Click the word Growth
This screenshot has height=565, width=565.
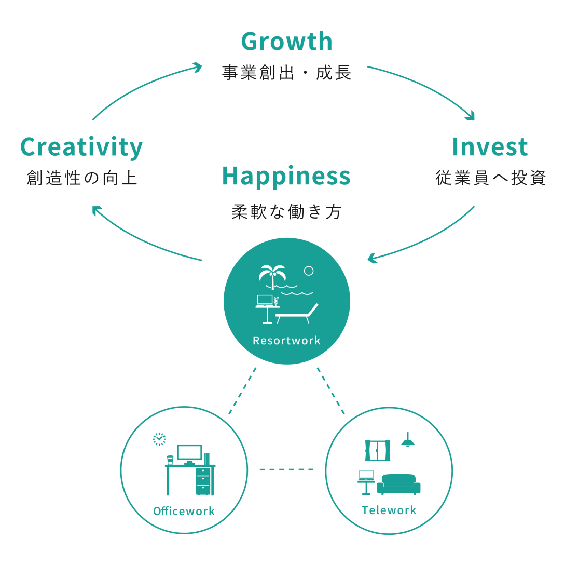(x=286, y=41)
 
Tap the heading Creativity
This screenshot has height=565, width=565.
(x=81, y=147)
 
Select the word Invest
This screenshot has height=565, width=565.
(x=490, y=147)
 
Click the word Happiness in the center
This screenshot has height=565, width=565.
(x=286, y=177)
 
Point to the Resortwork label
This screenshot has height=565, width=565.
(x=286, y=340)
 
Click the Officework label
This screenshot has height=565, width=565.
(x=184, y=511)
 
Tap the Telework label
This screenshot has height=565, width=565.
(x=389, y=510)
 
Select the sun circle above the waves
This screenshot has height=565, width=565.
(x=309, y=271)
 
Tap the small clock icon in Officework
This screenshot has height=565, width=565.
(x=159, y=439)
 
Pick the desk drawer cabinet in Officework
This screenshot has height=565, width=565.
(x=203, y=481)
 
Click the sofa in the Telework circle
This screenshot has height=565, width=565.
(x=398, y=484)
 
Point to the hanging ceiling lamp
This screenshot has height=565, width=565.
(x=407, y=440)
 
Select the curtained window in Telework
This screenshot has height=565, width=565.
(x=378, y=451)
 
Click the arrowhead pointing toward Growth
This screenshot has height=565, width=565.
(x=198, y=67)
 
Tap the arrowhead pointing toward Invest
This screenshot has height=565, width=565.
(x=470, y=115)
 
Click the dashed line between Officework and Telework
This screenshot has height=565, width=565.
(x=286, y=469)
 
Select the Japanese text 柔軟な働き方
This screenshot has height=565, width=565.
(x=286, y=212)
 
